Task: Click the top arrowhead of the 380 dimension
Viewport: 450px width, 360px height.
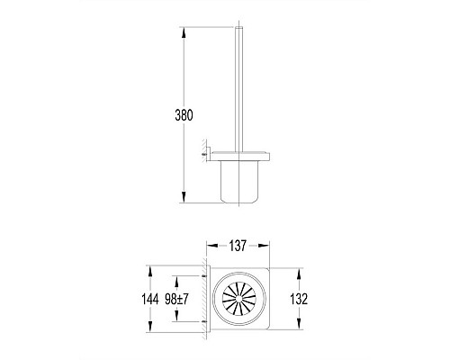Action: click(184, 32)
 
